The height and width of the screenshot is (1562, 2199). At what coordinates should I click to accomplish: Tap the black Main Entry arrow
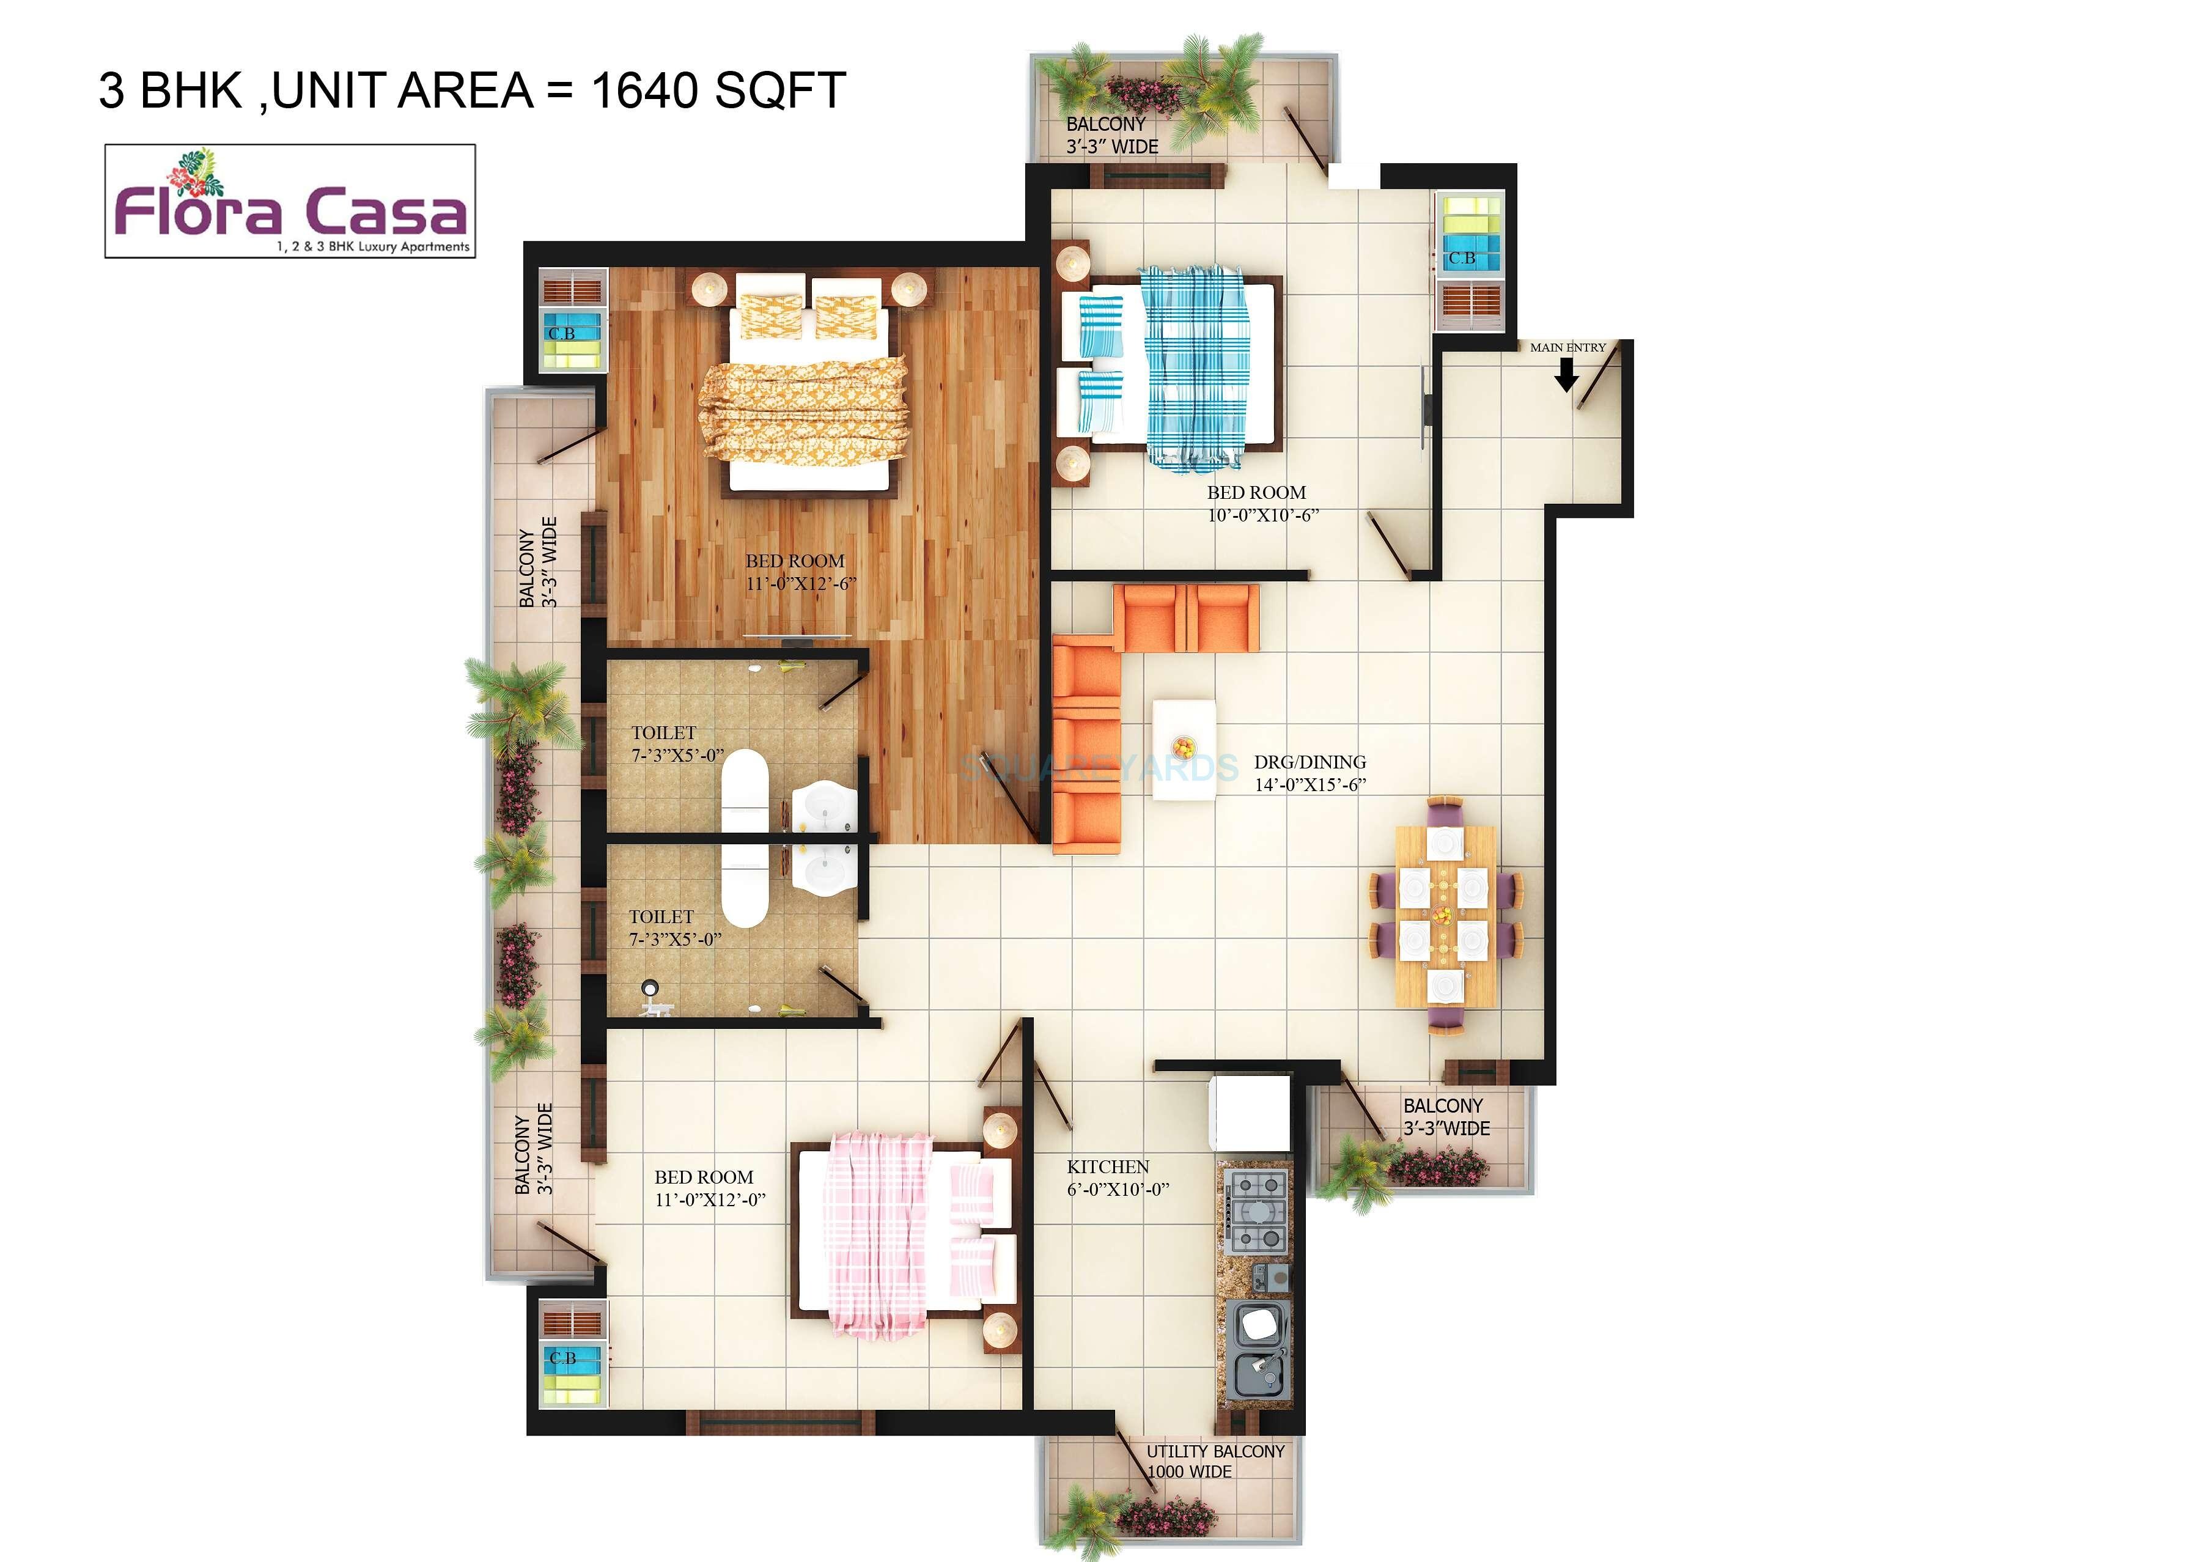point(1566,374)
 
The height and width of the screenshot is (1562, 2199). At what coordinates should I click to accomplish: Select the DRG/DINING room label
point(1309,762)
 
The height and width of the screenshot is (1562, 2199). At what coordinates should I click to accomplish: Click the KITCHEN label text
point(1108,1166)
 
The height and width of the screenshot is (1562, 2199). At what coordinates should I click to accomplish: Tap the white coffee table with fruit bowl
point(1184,750)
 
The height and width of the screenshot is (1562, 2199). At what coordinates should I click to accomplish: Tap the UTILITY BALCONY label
point(1214,1451)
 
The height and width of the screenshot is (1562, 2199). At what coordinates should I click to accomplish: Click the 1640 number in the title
point(644,90)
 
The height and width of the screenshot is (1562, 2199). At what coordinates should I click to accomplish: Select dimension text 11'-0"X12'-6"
point(801,584)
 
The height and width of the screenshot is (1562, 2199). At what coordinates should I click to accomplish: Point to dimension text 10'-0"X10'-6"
point(1262,515)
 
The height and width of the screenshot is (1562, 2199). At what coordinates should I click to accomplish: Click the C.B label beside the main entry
point(1462,258)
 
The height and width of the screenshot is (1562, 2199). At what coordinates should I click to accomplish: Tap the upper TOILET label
point(663,733)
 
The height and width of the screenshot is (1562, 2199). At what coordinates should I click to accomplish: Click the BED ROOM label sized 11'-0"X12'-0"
point(704,1177)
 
